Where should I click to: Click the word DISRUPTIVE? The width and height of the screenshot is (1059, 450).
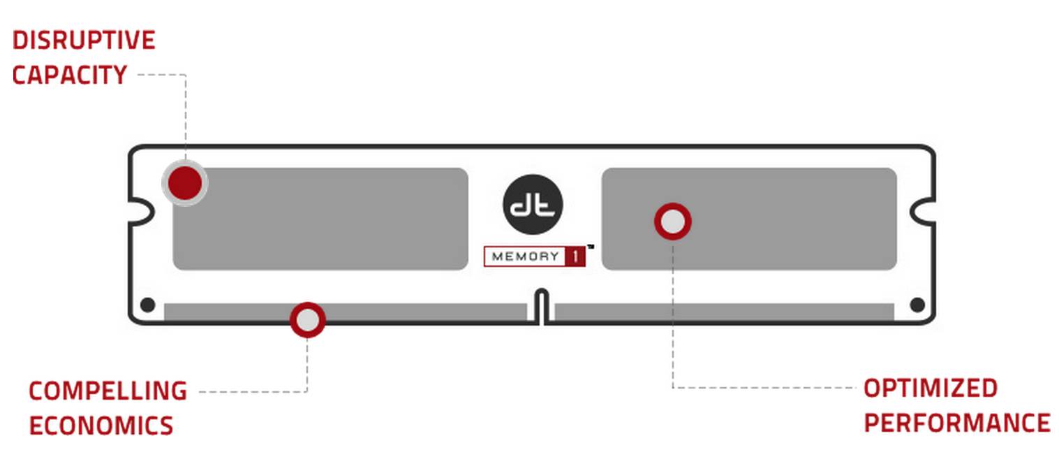point(84,41)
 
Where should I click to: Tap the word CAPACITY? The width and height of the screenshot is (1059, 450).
point(70,75)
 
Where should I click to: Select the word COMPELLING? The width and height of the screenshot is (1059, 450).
point(108,391)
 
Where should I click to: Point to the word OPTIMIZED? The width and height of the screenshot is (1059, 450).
point(931,388)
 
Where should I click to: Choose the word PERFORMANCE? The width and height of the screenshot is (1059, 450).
point(957,423)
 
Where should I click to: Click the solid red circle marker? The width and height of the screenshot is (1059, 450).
point(185,183)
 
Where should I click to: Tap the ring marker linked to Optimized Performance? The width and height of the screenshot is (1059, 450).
point(672,222)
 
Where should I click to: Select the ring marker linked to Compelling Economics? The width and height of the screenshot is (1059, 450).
point(307,320)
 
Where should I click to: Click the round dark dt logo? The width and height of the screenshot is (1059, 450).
point(533,203)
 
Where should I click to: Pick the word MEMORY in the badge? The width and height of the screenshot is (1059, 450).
point(525,256)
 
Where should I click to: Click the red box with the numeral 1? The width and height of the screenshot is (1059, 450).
point(575,256)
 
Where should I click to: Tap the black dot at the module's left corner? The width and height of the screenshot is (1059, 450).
point(147,305)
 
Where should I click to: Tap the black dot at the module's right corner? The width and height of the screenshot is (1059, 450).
point(917,305)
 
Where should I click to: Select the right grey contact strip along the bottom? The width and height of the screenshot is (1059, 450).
point(725,312)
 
